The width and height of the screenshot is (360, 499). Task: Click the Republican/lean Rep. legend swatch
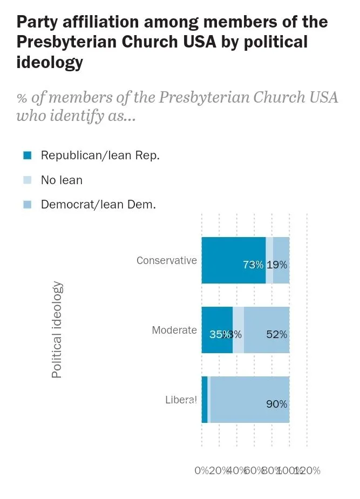coord(28,156)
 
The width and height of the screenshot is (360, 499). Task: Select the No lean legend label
coord(62,180)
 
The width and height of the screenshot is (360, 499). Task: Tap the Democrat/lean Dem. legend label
coord(98,205)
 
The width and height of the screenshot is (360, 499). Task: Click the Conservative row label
coord(166,260)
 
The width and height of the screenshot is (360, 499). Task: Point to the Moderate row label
coord(174,330)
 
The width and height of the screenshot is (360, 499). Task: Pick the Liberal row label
coord(180,400)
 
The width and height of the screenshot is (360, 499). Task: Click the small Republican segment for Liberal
coord(205,400)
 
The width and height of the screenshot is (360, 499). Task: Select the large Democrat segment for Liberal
coord(249,400)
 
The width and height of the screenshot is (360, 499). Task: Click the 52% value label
coord(276,334)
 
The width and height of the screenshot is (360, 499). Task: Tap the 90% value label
coord(276,404)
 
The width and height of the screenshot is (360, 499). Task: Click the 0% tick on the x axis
coord(201,470)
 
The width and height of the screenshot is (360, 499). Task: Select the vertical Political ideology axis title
coord(57,330)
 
